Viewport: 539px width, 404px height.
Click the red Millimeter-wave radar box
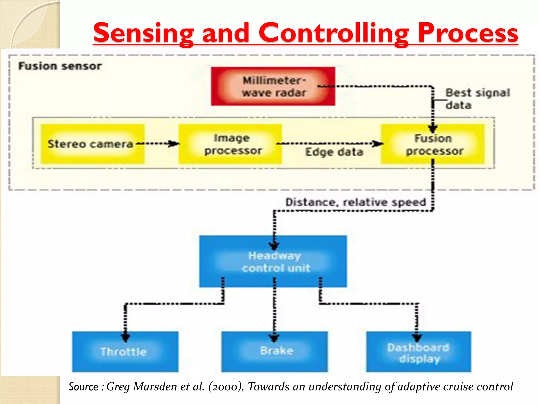(x=273, y=86)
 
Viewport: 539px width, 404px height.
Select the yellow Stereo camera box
(x=93, y=144)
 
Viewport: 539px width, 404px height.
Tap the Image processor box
(x=230, y=144)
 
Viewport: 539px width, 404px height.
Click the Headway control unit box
(x=273, y=261)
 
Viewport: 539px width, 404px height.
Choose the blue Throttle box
(x=125, y=352)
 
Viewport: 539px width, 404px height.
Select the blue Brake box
(x=275, y=352)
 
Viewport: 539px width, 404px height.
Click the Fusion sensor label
(x=60, y=66)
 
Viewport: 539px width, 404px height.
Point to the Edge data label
(x=334, y=152)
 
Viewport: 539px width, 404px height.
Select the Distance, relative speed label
(x=356, y=202)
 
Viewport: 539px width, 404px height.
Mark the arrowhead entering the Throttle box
(x=126, y=337)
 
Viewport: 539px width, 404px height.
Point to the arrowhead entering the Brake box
(x=274, y=337)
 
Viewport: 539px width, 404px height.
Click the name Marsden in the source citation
(x=155, y=387)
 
